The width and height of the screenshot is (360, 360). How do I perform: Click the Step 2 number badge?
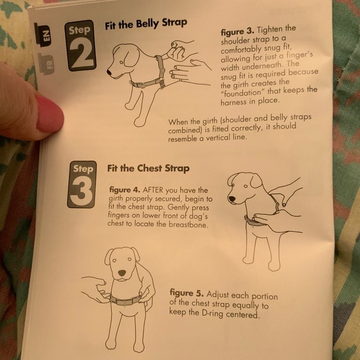(81, 45)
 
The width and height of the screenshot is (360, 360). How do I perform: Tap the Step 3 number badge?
(82, 184)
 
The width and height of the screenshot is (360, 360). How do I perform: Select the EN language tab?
(43, 35)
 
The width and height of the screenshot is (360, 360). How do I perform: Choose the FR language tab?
(47, 64)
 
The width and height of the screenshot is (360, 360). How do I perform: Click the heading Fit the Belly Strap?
(146, 24)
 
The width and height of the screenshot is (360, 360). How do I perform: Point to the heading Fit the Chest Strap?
(148, 168)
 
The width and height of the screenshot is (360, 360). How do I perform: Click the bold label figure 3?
(237, 31)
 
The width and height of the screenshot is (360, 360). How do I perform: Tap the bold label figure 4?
(124, 190)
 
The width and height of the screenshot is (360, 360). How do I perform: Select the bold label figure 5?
(186, 293)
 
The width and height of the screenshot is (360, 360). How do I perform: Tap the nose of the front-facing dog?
(122, 273)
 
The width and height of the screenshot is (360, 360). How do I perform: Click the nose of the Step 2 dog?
(109, 73)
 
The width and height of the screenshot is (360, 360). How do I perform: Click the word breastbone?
(188, 224)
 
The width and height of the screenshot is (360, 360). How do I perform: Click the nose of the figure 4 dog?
(232, 199)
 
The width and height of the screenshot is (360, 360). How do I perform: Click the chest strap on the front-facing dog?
(125, 300)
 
